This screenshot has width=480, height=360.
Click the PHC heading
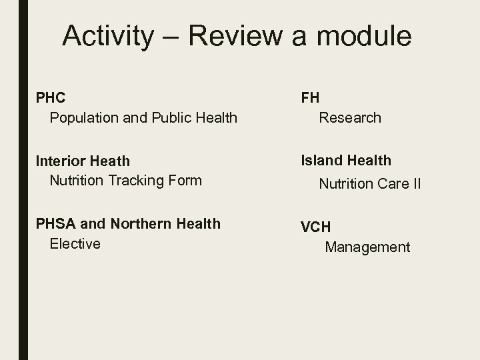pyautogui.click(x=51, y=98)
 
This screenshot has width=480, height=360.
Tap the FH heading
pyautogui.click(x=310, y=97)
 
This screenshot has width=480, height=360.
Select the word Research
pyautogui.click(x=350, y=118)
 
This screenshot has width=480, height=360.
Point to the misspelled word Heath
pyautogui.click(x=110, y=161)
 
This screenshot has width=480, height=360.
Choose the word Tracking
pyautogui.click(x=137, y=181)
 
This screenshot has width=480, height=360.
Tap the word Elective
pyautogui.click(x=75, y=244)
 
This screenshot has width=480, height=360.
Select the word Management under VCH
pyautogui.click(x=367, y=247)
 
